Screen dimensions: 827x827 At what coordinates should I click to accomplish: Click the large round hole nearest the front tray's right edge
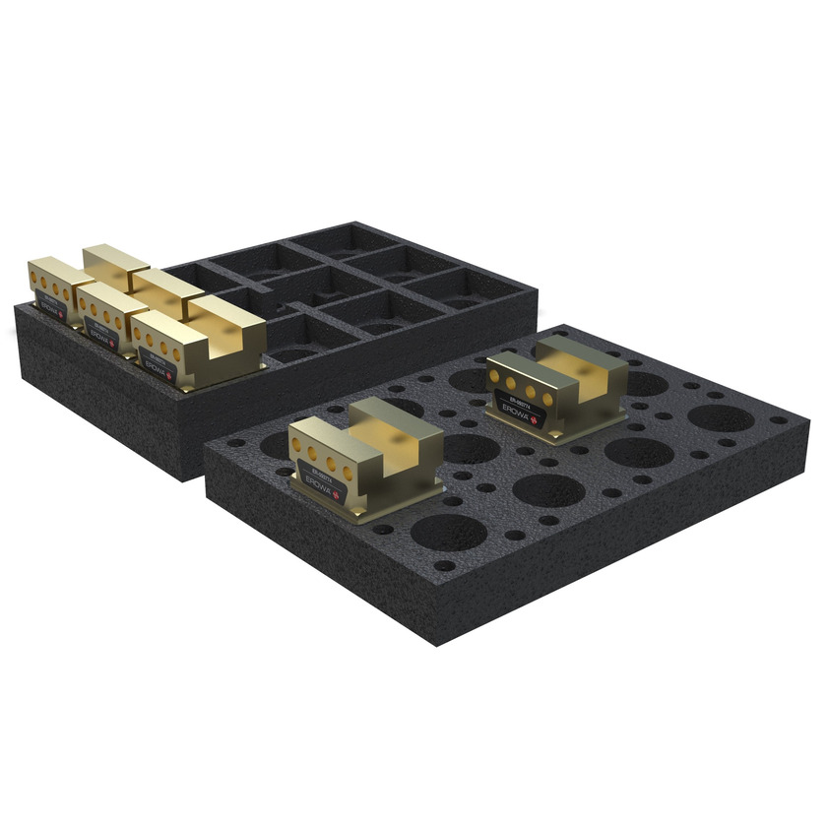tap(721, 417)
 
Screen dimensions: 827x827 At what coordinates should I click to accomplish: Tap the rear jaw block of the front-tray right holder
tap(581, 364)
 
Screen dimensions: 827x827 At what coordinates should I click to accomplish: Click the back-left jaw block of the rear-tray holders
tap(114, 260)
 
